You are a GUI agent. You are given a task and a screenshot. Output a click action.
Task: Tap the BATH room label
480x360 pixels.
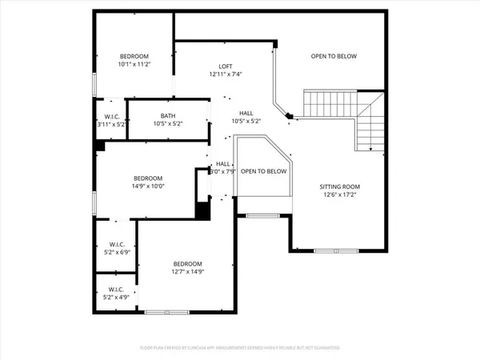tap(167, 115)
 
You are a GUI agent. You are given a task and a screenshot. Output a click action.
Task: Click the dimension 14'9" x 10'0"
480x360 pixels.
tap(148, 186)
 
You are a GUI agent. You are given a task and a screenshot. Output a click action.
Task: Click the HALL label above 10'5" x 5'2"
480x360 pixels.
tap(247, 114)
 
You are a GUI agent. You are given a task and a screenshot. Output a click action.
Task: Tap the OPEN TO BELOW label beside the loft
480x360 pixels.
tap(334, 56)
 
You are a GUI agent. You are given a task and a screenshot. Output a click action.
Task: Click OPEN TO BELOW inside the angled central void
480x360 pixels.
tap(263, 171)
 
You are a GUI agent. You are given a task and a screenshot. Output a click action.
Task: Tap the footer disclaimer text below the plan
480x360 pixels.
tap(240, 348)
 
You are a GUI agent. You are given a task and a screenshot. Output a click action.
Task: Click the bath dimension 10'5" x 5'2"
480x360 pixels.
tap(167, 124)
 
